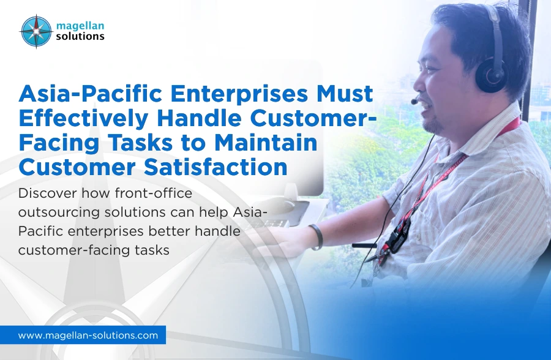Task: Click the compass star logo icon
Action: click(36, 31)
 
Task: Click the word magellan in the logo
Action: click(80, 25)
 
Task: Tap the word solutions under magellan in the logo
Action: click(80, 36)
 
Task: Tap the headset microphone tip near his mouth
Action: click(414, 100)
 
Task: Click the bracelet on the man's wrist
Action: click(316, 236)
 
